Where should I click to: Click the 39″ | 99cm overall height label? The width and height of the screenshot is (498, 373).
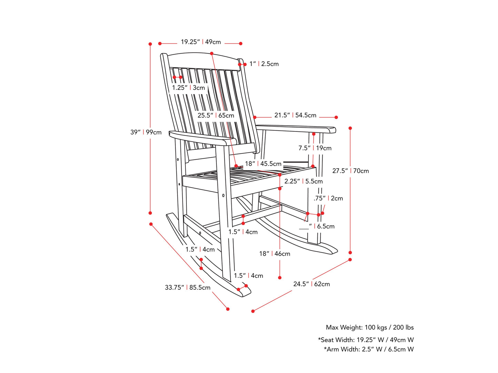point(146,132)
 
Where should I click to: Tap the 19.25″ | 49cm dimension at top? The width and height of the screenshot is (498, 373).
point(201,42)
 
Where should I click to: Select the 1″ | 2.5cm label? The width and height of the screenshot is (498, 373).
point(264,64)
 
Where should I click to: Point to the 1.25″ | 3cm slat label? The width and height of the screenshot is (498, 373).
point(188,88)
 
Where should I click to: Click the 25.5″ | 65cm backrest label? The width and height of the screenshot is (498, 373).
point(215,115)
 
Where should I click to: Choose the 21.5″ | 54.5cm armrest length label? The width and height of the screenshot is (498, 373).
point(295,115)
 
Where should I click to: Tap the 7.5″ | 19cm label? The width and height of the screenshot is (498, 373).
point(315,148)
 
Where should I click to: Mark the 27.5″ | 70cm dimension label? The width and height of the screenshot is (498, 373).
point(350,171)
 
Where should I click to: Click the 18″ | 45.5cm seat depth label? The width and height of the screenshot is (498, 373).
point(263,163)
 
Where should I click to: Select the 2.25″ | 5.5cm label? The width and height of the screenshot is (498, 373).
point(303,181)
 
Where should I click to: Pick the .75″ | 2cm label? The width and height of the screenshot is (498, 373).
point(328,198)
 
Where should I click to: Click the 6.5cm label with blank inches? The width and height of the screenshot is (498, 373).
point(317,226)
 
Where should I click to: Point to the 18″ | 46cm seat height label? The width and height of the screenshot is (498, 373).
point(275,254)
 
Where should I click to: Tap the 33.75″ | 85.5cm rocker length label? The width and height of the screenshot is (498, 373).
point(187,287)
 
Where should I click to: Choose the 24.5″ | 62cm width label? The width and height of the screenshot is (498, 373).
point(311,284)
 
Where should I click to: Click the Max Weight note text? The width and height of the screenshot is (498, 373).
point(369,327)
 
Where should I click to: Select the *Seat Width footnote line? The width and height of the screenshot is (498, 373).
point(366,340)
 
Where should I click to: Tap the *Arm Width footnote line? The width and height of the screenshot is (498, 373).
point(369,349)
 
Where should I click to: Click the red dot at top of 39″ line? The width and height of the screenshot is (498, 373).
point(150,44)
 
